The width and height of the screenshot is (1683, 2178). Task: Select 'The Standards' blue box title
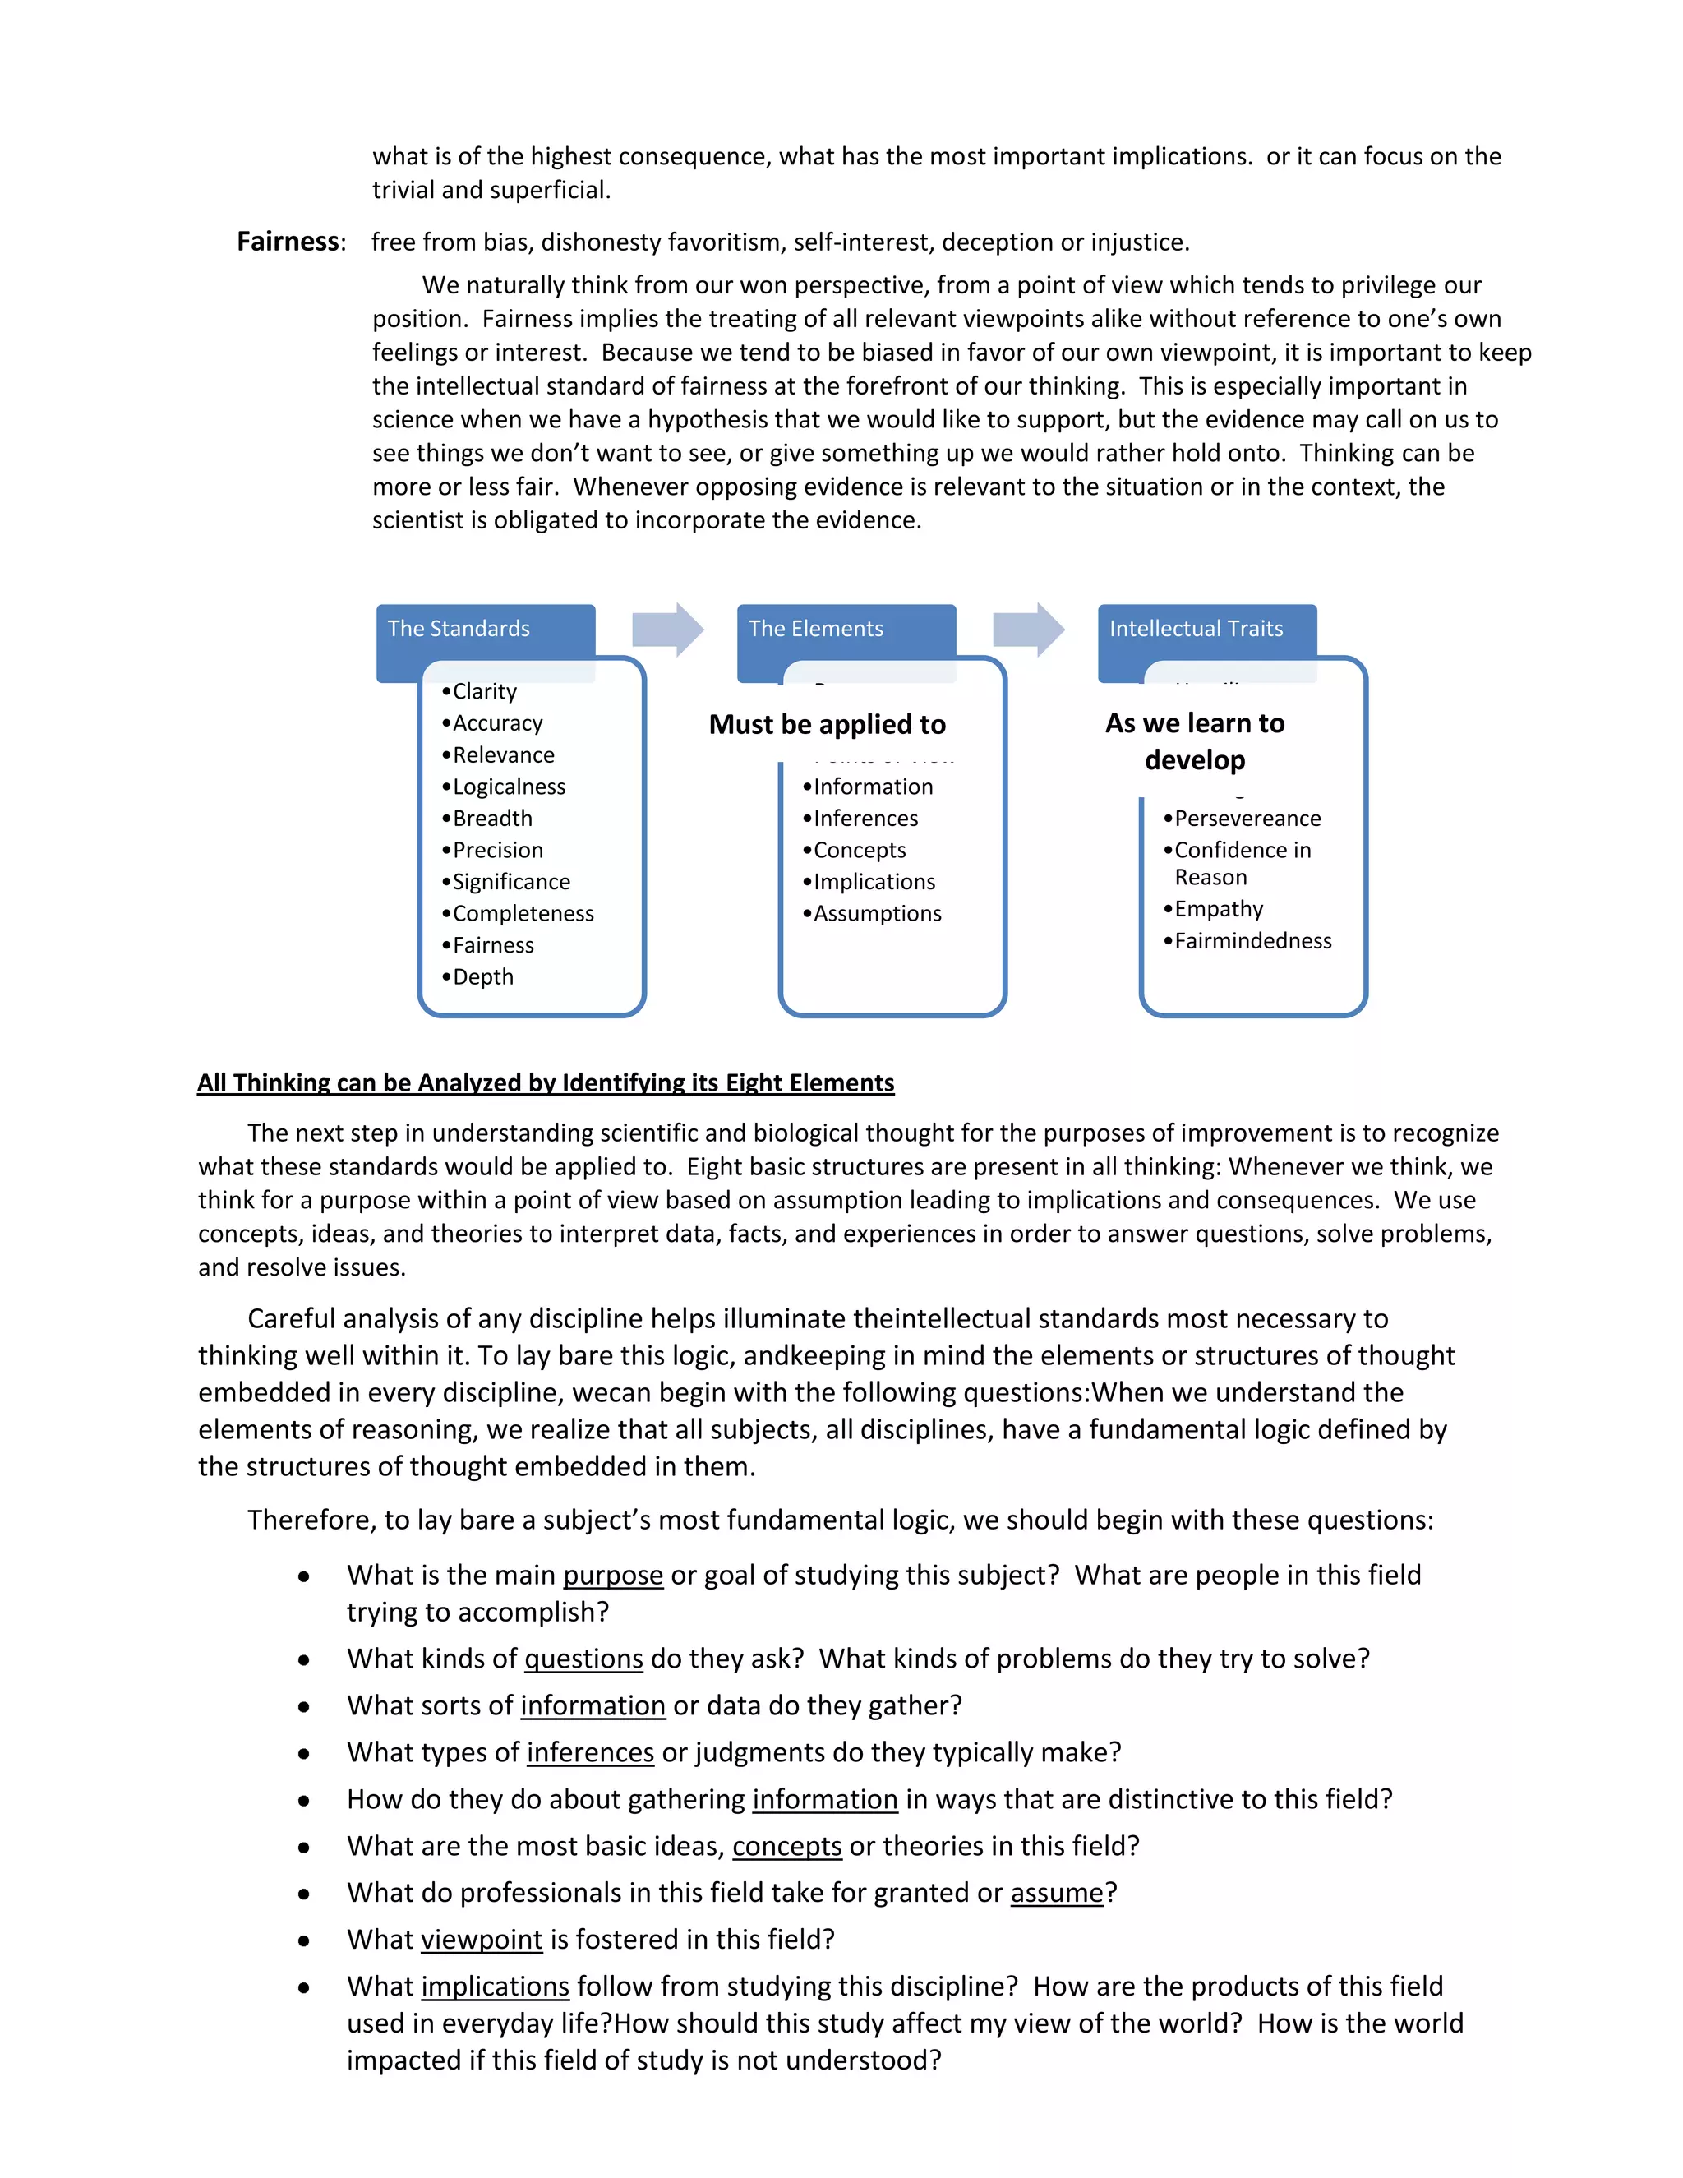[x=459, y=628]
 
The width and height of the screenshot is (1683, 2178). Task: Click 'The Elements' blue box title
[x=815, y=628]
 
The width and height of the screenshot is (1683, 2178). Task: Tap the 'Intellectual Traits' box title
[x=1196, y=628]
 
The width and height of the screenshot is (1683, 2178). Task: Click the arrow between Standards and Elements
[x=668, y=630]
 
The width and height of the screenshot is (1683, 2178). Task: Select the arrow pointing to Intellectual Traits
[x=1029, y=630]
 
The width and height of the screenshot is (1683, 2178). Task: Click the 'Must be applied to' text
[x=827, y=725]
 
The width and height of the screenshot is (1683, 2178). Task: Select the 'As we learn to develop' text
[x=1194, y=741]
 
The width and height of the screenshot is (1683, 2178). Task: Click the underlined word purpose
[x=612, y=1575]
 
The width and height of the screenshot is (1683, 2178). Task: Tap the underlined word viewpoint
[x=482, y=1939]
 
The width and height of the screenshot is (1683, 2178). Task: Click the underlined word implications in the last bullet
[x=495, y=1986]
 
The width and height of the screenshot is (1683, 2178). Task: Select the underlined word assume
[x=1057, y=1892]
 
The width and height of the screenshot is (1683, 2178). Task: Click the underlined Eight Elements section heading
[x=546, y=1083]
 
